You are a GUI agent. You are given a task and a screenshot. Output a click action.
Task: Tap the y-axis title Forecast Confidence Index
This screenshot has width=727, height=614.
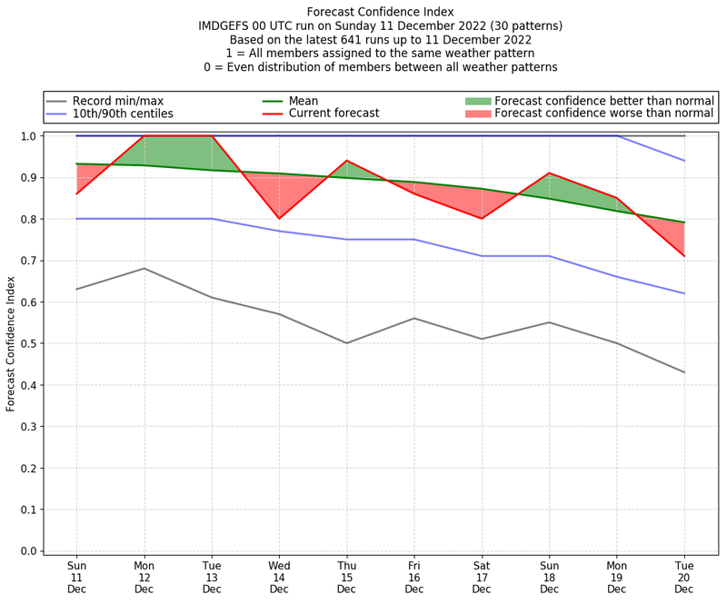point(11,342)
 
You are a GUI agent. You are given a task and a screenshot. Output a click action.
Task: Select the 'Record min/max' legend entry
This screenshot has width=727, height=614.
point(117,101)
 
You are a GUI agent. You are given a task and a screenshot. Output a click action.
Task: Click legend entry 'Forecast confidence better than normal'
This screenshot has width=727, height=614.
point(604,101)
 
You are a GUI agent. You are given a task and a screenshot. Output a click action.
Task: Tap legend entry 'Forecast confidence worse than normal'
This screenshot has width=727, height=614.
point(604,114)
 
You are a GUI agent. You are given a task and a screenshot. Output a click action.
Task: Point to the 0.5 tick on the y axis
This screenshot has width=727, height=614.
point(29,343)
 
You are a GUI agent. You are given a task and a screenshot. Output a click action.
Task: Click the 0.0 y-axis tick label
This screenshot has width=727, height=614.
point(29,551)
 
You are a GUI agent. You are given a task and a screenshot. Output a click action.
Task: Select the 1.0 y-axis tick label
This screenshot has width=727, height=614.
point(29,136)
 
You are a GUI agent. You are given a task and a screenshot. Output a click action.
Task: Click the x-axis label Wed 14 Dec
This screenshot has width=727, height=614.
point(279,577)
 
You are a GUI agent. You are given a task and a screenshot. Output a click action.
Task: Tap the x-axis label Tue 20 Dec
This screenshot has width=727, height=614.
point(684,577)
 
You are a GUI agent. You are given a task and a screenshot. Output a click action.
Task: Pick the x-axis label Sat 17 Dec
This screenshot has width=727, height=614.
point(482,577)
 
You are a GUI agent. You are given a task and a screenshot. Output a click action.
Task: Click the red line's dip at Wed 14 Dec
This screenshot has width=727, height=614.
point(279,219)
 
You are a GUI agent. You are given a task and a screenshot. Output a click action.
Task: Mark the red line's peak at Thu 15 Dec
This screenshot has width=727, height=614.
point(346,161)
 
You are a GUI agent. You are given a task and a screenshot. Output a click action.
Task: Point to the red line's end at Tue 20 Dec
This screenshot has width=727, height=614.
point(684,256)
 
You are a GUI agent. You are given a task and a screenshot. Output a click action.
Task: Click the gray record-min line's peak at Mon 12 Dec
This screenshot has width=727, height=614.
point(144,268)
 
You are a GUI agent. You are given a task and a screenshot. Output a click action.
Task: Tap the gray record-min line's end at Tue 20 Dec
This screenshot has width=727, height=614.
point(684,372)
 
